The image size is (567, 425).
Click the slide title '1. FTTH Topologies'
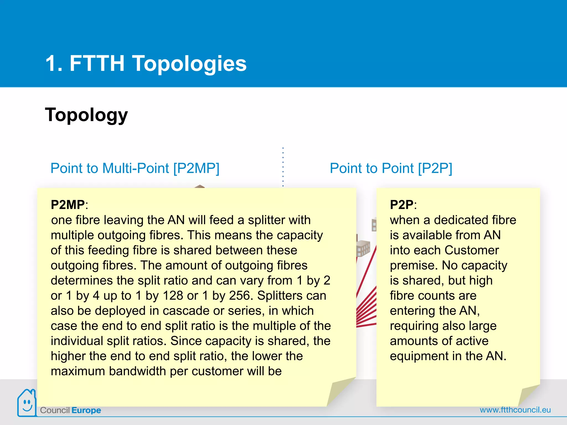click(146, 63)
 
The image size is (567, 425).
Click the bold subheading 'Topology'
click(86, 115)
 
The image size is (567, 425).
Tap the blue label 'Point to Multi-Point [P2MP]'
click(135, 168)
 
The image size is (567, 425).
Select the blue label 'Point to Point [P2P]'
click(391, 168)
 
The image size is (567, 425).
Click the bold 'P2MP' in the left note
click(68, 205)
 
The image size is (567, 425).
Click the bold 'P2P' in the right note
click(401, 205)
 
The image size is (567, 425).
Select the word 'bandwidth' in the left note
click(137, 371)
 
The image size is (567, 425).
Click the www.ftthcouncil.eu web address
click(515, 410)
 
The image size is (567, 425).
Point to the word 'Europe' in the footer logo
click(86, 410)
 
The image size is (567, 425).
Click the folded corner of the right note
click(528, 395)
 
